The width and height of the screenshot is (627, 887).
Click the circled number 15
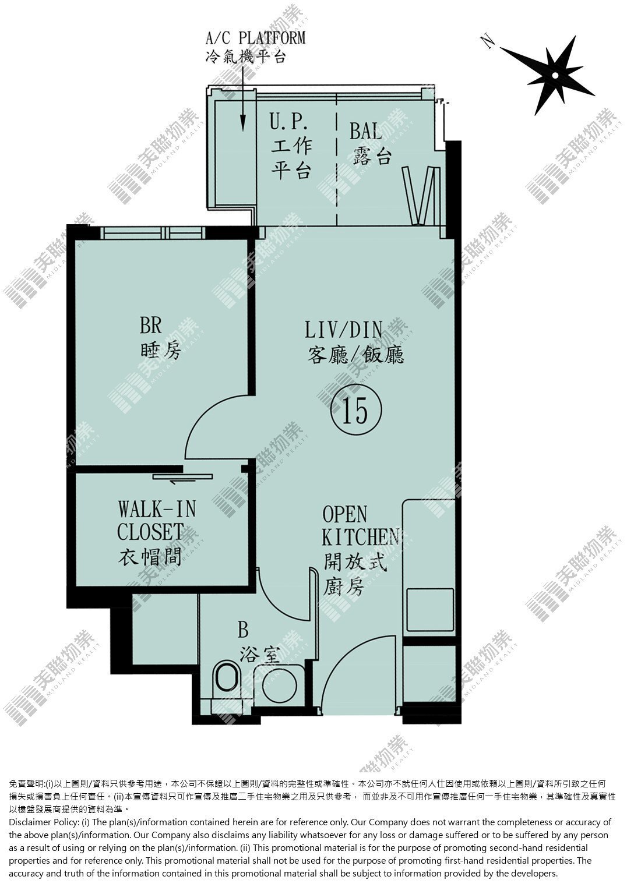click(x=355, y=410)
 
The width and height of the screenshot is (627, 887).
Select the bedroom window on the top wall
click(x=153, y=232)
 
